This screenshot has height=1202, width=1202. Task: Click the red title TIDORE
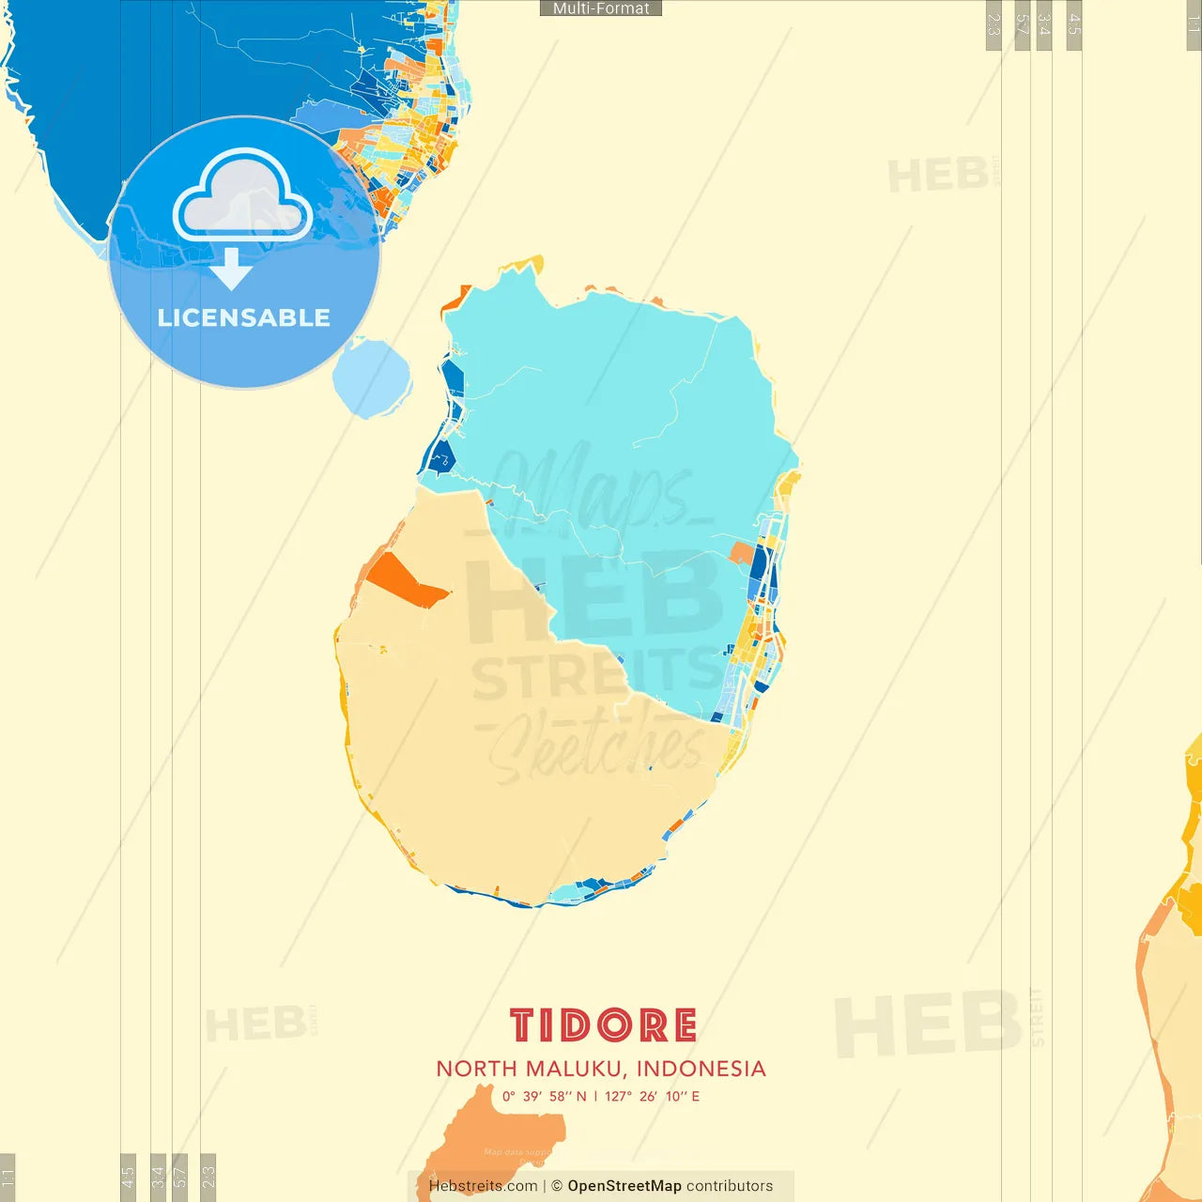[x=603, y=1025]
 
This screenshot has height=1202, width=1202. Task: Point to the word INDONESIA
[x=701, y=1069]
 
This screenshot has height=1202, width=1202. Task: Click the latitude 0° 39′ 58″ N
[x=544, y=1096]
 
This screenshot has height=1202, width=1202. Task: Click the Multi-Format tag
[x=601, y=8]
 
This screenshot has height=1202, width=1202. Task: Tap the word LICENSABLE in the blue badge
[x=244, y=317]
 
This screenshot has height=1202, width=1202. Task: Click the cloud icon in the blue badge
[x=242, y=195]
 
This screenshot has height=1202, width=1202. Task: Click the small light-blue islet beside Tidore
[x=372, y=378]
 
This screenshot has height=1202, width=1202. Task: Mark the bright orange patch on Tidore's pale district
[x=405, y=581]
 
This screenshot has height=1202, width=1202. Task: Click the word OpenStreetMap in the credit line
[x=624, y=1186]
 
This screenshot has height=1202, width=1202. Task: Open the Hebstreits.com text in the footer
[x=483, y=1186]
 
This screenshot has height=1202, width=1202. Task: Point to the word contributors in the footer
[x=730, y=1186]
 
